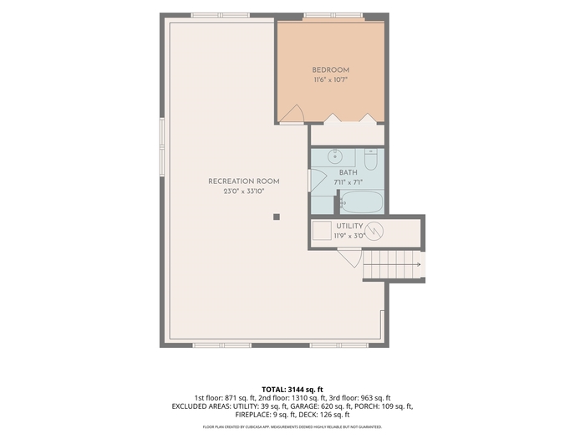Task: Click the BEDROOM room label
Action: click(x=331, y=69)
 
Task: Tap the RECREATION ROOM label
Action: click(x=244, y=181)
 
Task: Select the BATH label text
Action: click(x=348, y=172)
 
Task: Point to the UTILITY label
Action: click(x=349, y=226)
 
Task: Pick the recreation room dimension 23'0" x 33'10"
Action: click(x=244, y=191)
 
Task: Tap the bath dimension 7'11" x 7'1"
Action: click(x=348, y=182)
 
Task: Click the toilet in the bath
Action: click(x=371, y=160)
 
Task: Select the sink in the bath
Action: click(x=335, y=156)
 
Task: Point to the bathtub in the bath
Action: click(x=362, y=202)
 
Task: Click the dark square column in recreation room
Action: click(x=277, y=217)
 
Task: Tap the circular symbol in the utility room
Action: click(x=374, y=232)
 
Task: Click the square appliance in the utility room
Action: click(x=322, y=231)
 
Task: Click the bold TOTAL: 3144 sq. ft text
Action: click(x=292, y=390)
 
